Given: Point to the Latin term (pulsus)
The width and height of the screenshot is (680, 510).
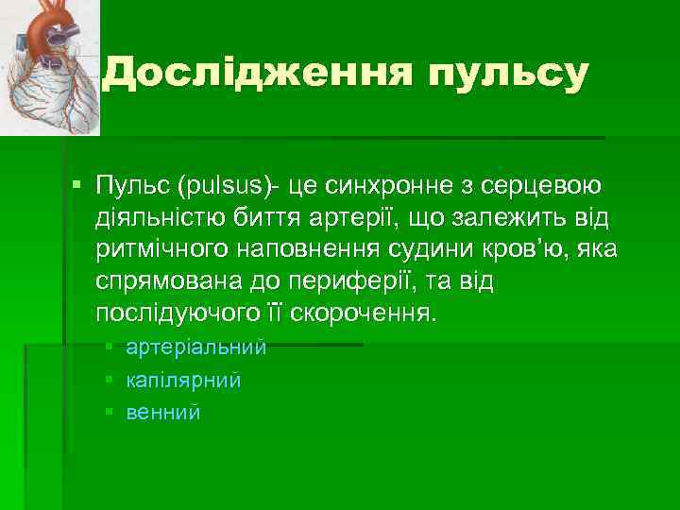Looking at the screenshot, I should click(x=227, y=189).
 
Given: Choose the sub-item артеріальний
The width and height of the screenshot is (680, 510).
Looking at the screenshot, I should click(x=196, y=348).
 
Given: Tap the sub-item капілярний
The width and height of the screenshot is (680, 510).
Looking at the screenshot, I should click(x=183, y=381).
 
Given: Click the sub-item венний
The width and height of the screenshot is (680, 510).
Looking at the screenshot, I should click(x=163, y=413).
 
